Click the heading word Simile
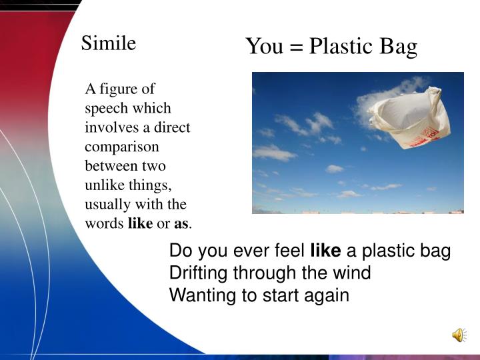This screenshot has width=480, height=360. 109,43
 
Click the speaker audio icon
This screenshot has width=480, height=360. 459,335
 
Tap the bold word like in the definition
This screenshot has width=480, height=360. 140,223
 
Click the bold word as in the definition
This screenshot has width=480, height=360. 181,224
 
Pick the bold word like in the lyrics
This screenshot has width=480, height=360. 326,251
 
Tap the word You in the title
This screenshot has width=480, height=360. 264,47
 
